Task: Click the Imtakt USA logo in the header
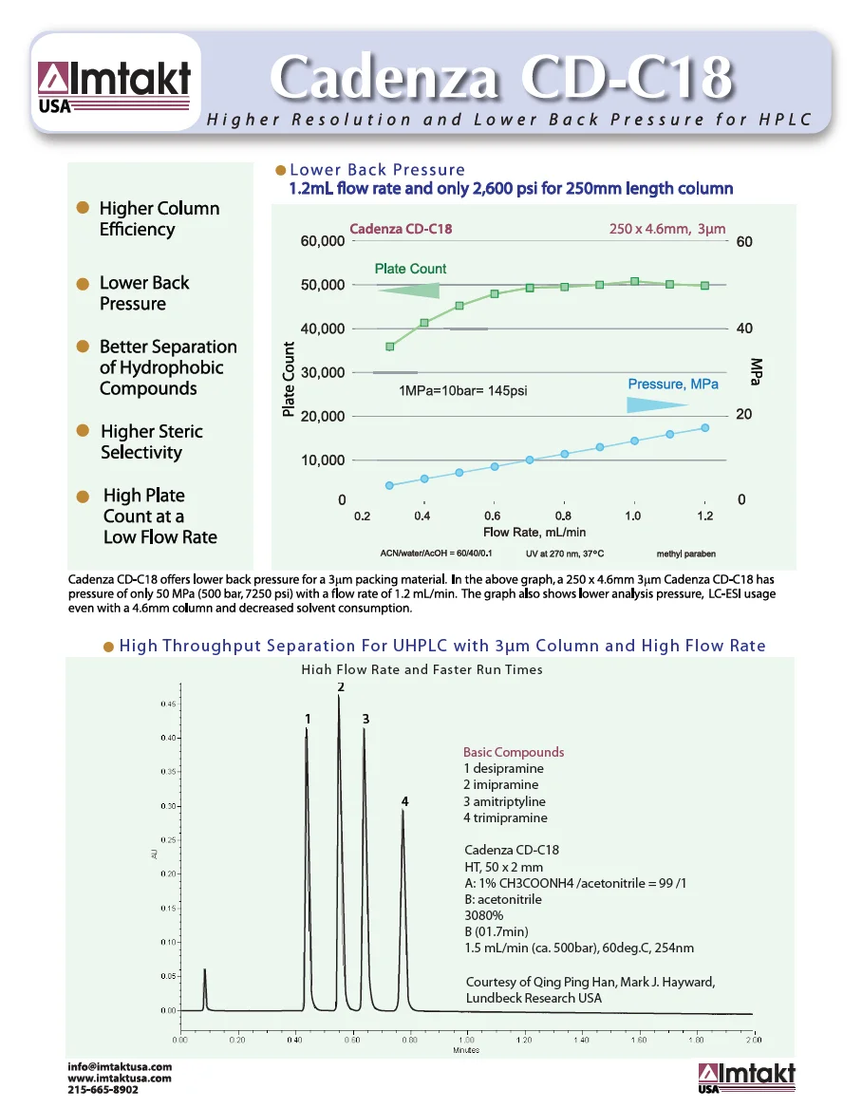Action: pos(114,86)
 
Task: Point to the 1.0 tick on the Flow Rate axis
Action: pos(632,516)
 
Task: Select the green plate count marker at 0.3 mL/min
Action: pos(389,347)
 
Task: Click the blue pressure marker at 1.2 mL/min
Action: pos(704,427)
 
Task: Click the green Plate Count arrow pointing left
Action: pos(408,291)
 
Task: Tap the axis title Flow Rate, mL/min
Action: pos(534,533)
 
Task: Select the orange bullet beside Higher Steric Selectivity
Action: pos(83,431)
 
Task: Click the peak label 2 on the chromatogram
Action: pos(340,686)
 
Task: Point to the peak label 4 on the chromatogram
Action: pos(404,801)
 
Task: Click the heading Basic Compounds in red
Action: pos(513,752)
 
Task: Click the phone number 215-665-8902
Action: pos(103,1089)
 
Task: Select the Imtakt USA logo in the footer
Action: pos(746,1078)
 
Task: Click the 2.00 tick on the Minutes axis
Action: pos(754,1041)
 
